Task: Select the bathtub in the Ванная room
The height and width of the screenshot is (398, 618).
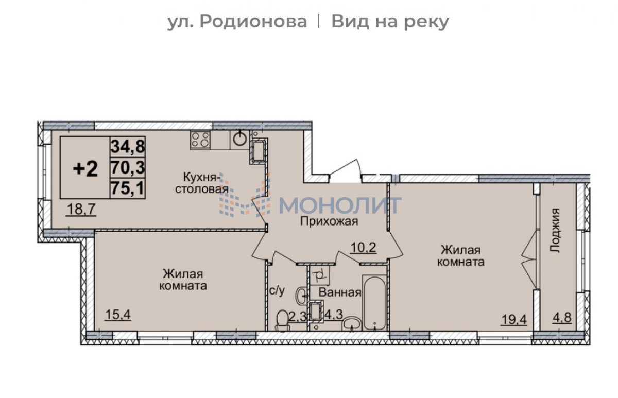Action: pos(374,303)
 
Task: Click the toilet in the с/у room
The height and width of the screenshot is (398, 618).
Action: pos(283,321)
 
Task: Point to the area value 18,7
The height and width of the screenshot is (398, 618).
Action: pos(81,210)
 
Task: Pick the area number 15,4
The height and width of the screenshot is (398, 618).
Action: pos(118,315)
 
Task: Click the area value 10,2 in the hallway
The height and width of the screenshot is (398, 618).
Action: pos(363,248)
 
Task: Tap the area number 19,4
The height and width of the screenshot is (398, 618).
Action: pos(514,320)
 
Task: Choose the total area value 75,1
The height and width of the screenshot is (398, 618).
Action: pos(128,188)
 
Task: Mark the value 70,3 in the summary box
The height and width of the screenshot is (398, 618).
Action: pos(128,167)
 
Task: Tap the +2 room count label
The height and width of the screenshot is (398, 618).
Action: pos(85,169)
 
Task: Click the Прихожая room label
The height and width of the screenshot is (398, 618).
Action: pos(329,221)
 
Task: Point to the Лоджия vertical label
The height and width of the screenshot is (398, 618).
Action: pos(555,230)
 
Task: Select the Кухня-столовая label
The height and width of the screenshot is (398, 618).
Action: pos(202,183)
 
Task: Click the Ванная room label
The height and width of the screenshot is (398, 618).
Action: pos(340,292)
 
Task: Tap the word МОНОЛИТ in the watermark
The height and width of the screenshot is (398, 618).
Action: pos(340,205)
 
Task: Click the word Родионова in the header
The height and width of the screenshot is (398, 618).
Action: pos(253,22)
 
